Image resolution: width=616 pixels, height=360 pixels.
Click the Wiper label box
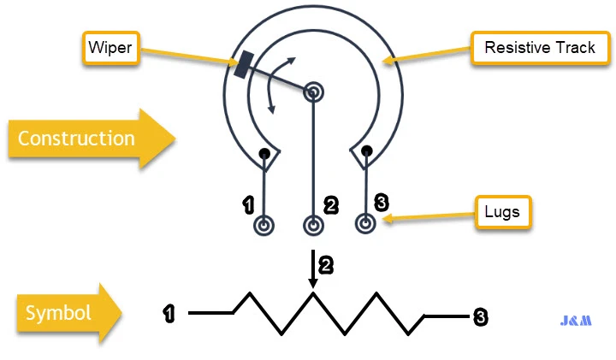[110, 47]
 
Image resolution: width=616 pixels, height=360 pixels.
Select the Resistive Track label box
[539, 47]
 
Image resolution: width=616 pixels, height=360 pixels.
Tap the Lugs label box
[503, 211]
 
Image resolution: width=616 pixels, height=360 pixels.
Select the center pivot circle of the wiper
[314, 90]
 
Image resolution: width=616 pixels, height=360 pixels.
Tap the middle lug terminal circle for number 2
[314, 226]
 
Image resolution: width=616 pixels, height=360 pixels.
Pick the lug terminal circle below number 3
[366, 224]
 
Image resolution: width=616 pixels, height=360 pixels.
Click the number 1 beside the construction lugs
[249, 204]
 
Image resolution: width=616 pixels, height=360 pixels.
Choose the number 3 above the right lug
[382, 202]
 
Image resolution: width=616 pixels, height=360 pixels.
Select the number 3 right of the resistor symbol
[481, 317]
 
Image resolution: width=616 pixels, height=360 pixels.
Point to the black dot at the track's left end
[265, 154]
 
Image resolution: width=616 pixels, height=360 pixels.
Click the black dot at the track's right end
[366, 151]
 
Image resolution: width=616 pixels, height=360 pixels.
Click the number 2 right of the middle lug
[330, 205]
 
